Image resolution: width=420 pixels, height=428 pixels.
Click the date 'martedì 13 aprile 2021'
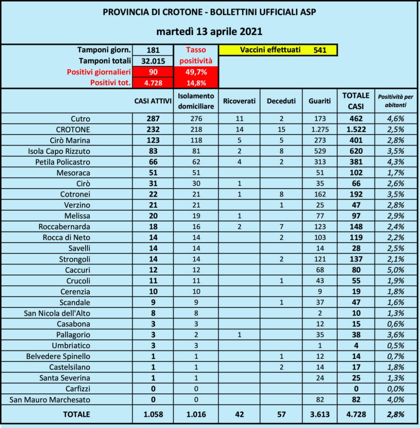point(209,31)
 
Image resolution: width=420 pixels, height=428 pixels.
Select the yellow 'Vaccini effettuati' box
point(277,50)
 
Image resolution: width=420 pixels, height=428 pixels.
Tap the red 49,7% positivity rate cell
point(196,72)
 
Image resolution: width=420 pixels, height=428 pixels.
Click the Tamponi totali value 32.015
point(153,61)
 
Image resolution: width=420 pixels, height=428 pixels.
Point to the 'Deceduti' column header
point(281,101)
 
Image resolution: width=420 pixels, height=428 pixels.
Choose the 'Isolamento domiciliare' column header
point(196,101)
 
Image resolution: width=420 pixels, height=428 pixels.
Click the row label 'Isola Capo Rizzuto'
point(59,151)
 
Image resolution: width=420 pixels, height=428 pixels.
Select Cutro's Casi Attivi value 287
point(153,119)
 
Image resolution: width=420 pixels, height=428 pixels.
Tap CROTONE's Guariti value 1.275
point(320,129)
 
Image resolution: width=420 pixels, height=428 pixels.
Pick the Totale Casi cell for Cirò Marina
point(356,141)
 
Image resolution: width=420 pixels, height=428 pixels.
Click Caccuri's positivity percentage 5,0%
point(396,270)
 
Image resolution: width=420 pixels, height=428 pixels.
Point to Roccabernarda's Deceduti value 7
point(281,227)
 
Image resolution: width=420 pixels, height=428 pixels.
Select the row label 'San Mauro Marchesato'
point(50,400)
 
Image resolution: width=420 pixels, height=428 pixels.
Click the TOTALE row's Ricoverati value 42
point(239,414)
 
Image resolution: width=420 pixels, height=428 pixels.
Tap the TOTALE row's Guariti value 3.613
point(320,414)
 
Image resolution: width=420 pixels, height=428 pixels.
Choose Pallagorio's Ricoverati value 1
point(239,335)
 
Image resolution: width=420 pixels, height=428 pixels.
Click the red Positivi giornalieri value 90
point(153,72)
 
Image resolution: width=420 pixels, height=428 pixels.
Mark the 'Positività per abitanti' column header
point(396,101)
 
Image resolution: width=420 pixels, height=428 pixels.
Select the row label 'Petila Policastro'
point(63,162)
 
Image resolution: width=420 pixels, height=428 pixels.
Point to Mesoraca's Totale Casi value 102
point(356,173)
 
